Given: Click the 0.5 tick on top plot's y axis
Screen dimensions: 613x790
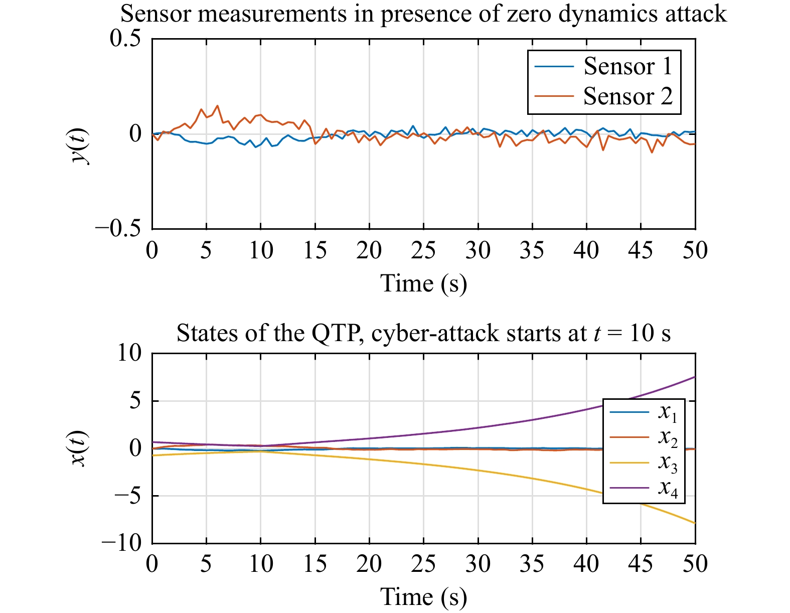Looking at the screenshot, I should coord(125,39).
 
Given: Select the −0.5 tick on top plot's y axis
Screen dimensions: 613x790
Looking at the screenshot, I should coord(118,229).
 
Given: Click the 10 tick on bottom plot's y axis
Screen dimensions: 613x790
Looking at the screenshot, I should coord(129,353).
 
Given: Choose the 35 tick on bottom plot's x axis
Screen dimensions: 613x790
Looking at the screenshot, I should coord(532,563).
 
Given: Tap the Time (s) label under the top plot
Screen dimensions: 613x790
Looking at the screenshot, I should coord(423,283).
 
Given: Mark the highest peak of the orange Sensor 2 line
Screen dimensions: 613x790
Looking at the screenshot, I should coord(217,105).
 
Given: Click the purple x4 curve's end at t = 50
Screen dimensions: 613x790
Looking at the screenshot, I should coord(694,377).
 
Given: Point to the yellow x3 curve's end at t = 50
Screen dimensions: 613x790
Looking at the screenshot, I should coord(694,523).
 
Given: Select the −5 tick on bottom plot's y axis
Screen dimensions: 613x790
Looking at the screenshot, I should coord(128,496).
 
